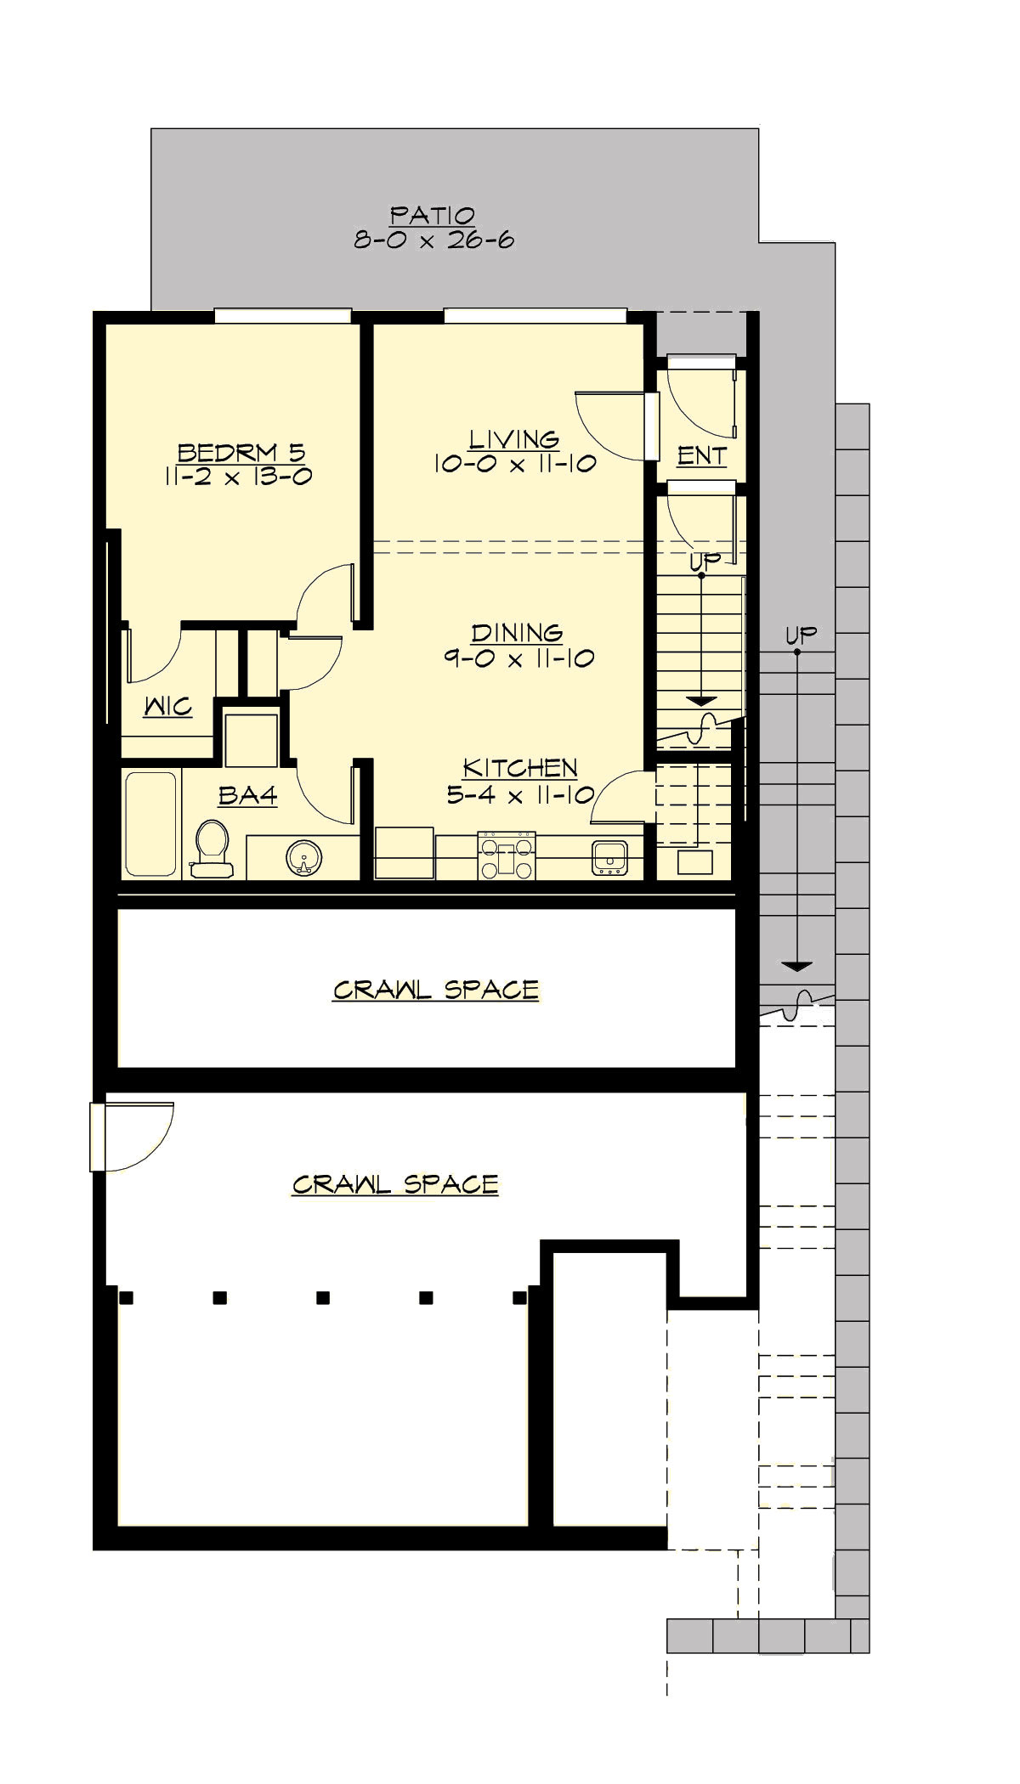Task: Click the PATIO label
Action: pyautogui.click(x=432, y=215)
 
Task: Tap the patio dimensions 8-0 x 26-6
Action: pyautogui.click(x=433, y=240)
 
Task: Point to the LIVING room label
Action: pyautogui.click(x=514, y=439)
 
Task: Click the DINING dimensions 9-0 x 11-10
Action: pyautogui.click(x=518, y=658)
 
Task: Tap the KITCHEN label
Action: pyautogui.click(x=520, y=768)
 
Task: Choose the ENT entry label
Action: pyautogui.click(x=702, y=455)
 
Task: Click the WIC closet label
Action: pyautogui.click(x=167, y=706)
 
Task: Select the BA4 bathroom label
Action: pyautogui.click(x=247, y=795)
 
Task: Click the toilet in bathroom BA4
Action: pyautogui.click(x=212, y=847)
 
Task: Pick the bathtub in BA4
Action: pyautogui.click(x=151, y=822)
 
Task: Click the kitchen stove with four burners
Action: pyautogui.click(x=507, y=855)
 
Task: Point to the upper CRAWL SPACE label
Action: pyautogui.click(x=435, y=990)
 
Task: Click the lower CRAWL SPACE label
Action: pyautogui.click(x=395, y=1184)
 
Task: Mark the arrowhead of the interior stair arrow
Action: pyautogui.click(x=701, y=701)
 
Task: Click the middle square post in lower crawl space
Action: pyautogui.click(x=323, y=1297)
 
